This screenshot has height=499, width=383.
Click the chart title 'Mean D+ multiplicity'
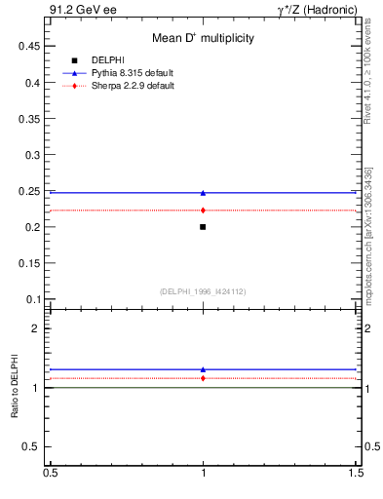tap(203, 38)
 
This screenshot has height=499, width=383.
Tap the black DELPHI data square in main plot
tap(203, 227)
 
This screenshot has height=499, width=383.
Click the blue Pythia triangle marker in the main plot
tap(203, 193)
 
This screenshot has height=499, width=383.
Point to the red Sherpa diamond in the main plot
tap(203, 211)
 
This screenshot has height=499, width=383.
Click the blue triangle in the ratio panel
tap(203, 369)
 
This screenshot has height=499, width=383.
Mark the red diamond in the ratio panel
tap(203, 378)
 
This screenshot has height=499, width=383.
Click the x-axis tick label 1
tap(203, 473)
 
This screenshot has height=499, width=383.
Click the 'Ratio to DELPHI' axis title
tap(15, 387)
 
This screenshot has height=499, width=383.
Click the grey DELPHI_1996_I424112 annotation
tap(203, 290)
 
